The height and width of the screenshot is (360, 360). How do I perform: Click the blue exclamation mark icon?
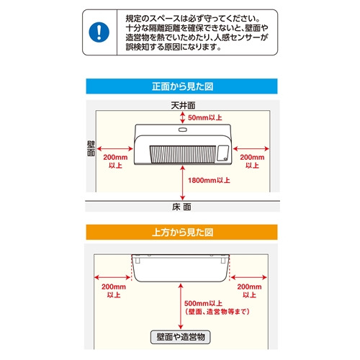click(99, 32)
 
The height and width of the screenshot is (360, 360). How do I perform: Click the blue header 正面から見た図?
click(181, 86)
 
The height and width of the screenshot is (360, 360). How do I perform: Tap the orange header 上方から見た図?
click(181, 232)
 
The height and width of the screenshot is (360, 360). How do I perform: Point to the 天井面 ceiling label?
click(183, 105)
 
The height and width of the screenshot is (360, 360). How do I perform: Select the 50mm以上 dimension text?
click(204, 117)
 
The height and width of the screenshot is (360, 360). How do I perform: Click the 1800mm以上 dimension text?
click(209, 180)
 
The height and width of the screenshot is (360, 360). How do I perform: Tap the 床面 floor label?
click(181, 207)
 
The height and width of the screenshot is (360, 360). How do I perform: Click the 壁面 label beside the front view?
click(91, 148)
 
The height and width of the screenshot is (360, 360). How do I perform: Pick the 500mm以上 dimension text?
click(203, 303)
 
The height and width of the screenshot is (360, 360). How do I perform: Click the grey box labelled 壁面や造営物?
click(181, 337)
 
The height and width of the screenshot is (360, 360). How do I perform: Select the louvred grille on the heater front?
click(183, 154)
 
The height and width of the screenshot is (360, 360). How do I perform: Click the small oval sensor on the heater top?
click(183, 130)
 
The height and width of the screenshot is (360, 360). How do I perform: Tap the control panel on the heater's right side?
click(222, 153)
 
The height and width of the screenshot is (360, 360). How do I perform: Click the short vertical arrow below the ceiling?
click(183, 118)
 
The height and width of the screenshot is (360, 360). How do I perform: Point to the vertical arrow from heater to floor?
click(183, 183)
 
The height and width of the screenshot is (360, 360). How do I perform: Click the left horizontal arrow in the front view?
click(115, 149)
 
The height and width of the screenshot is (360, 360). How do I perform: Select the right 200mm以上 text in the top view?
click(249, 291)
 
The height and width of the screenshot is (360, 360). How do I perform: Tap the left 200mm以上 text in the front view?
click(115, 161)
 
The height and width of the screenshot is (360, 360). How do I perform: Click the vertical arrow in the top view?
click(181, 306)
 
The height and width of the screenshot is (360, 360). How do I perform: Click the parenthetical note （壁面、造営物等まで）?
click(217, 312)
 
